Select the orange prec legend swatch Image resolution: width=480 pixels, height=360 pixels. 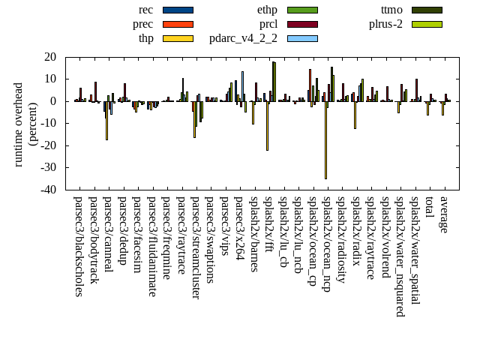(x=178, y=24)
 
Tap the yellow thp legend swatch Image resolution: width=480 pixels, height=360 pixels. (x=178, y=38)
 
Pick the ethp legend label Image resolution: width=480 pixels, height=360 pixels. (x=267, y=10)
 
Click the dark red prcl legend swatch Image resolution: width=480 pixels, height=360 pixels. (x=302, y=24)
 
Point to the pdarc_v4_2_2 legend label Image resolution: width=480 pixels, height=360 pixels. (x=243, y=38)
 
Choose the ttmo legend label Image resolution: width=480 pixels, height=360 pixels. (x=391, y=10)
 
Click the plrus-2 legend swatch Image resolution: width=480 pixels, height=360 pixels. (x=427, y=24)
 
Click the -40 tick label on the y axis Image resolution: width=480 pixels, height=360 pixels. (x=49, y=190)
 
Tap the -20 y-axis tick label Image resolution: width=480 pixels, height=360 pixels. (x=49, y=145)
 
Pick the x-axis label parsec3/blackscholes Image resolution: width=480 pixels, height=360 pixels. (x=78, y=247)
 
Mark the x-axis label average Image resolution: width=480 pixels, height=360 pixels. (x=443, y=214)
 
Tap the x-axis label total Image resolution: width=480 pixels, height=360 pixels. (x=429, y=208)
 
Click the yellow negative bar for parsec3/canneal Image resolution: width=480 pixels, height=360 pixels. (x=106, y=120)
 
